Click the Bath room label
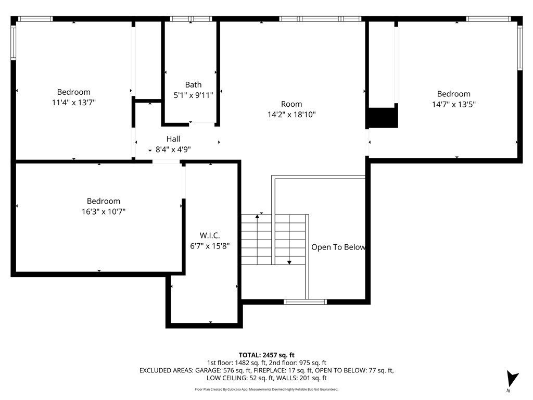coord(193,84)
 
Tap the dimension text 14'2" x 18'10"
coord(291,114)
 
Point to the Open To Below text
coord(338,247)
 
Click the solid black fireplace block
coord(383,117)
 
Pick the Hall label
coord(173,139)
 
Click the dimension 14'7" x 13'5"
coord(453,104)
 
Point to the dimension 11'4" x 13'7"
coord(73,103)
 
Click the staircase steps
coord(273,239)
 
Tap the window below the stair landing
coord(305,302)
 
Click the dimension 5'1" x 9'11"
coord(193,95)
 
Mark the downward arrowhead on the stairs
coord(289,262)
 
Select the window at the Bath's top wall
coord(191,19)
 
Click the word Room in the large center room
coord(291,104)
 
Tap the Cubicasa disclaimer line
coord(266,389)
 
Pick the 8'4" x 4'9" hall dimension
coord(173,149)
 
